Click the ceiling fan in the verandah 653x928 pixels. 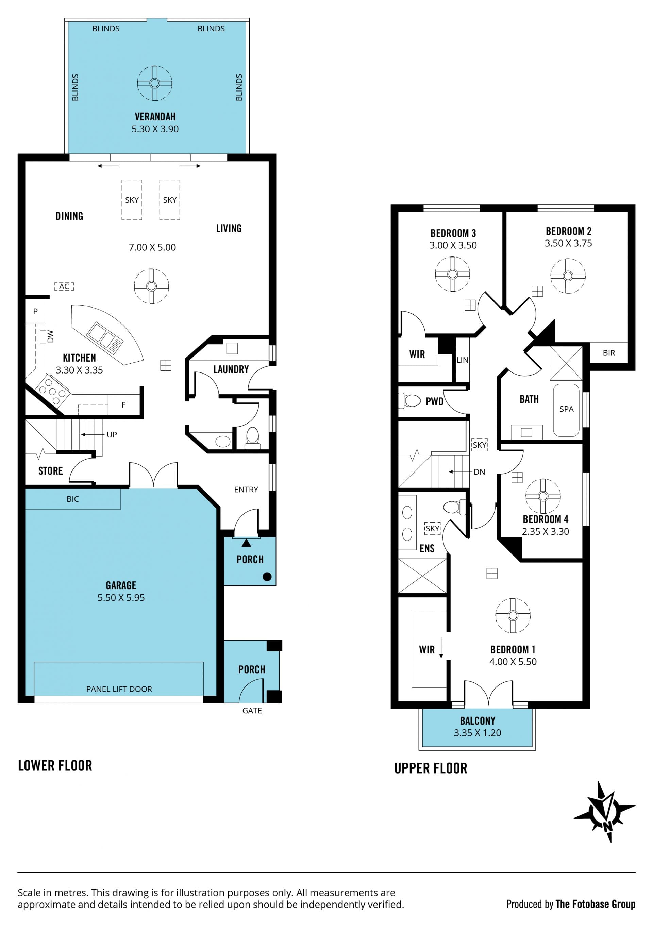154,83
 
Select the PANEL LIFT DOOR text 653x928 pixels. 119,689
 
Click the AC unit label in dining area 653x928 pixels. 64,286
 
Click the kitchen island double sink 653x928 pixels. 105,335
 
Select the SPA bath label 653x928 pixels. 567,409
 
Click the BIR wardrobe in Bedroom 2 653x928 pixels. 608,352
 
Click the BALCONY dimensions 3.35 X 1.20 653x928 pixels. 477,733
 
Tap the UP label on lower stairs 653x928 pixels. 112,435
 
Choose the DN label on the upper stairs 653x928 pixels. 479,472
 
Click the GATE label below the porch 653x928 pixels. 252,711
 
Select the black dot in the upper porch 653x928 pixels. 267,577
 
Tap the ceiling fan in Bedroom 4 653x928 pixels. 543,496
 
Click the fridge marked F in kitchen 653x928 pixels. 124,404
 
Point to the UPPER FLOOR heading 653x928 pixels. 431,768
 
